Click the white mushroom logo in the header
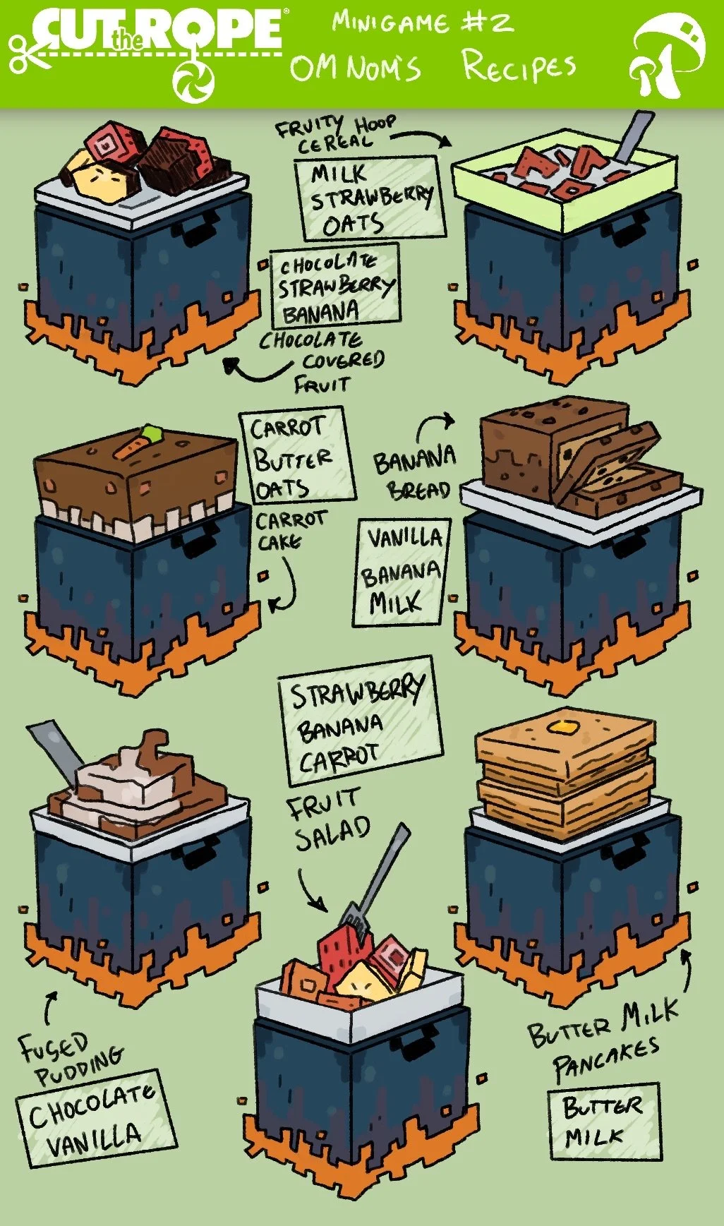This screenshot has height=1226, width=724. click(x=666, y=55)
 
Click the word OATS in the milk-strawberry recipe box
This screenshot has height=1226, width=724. click(x=353, y=224)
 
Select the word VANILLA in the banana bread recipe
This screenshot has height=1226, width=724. click(x=404, y=539)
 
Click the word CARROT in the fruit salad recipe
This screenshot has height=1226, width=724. click(x=339, y=758)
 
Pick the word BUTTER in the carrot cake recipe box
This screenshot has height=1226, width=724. click(x=292, y=459)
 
